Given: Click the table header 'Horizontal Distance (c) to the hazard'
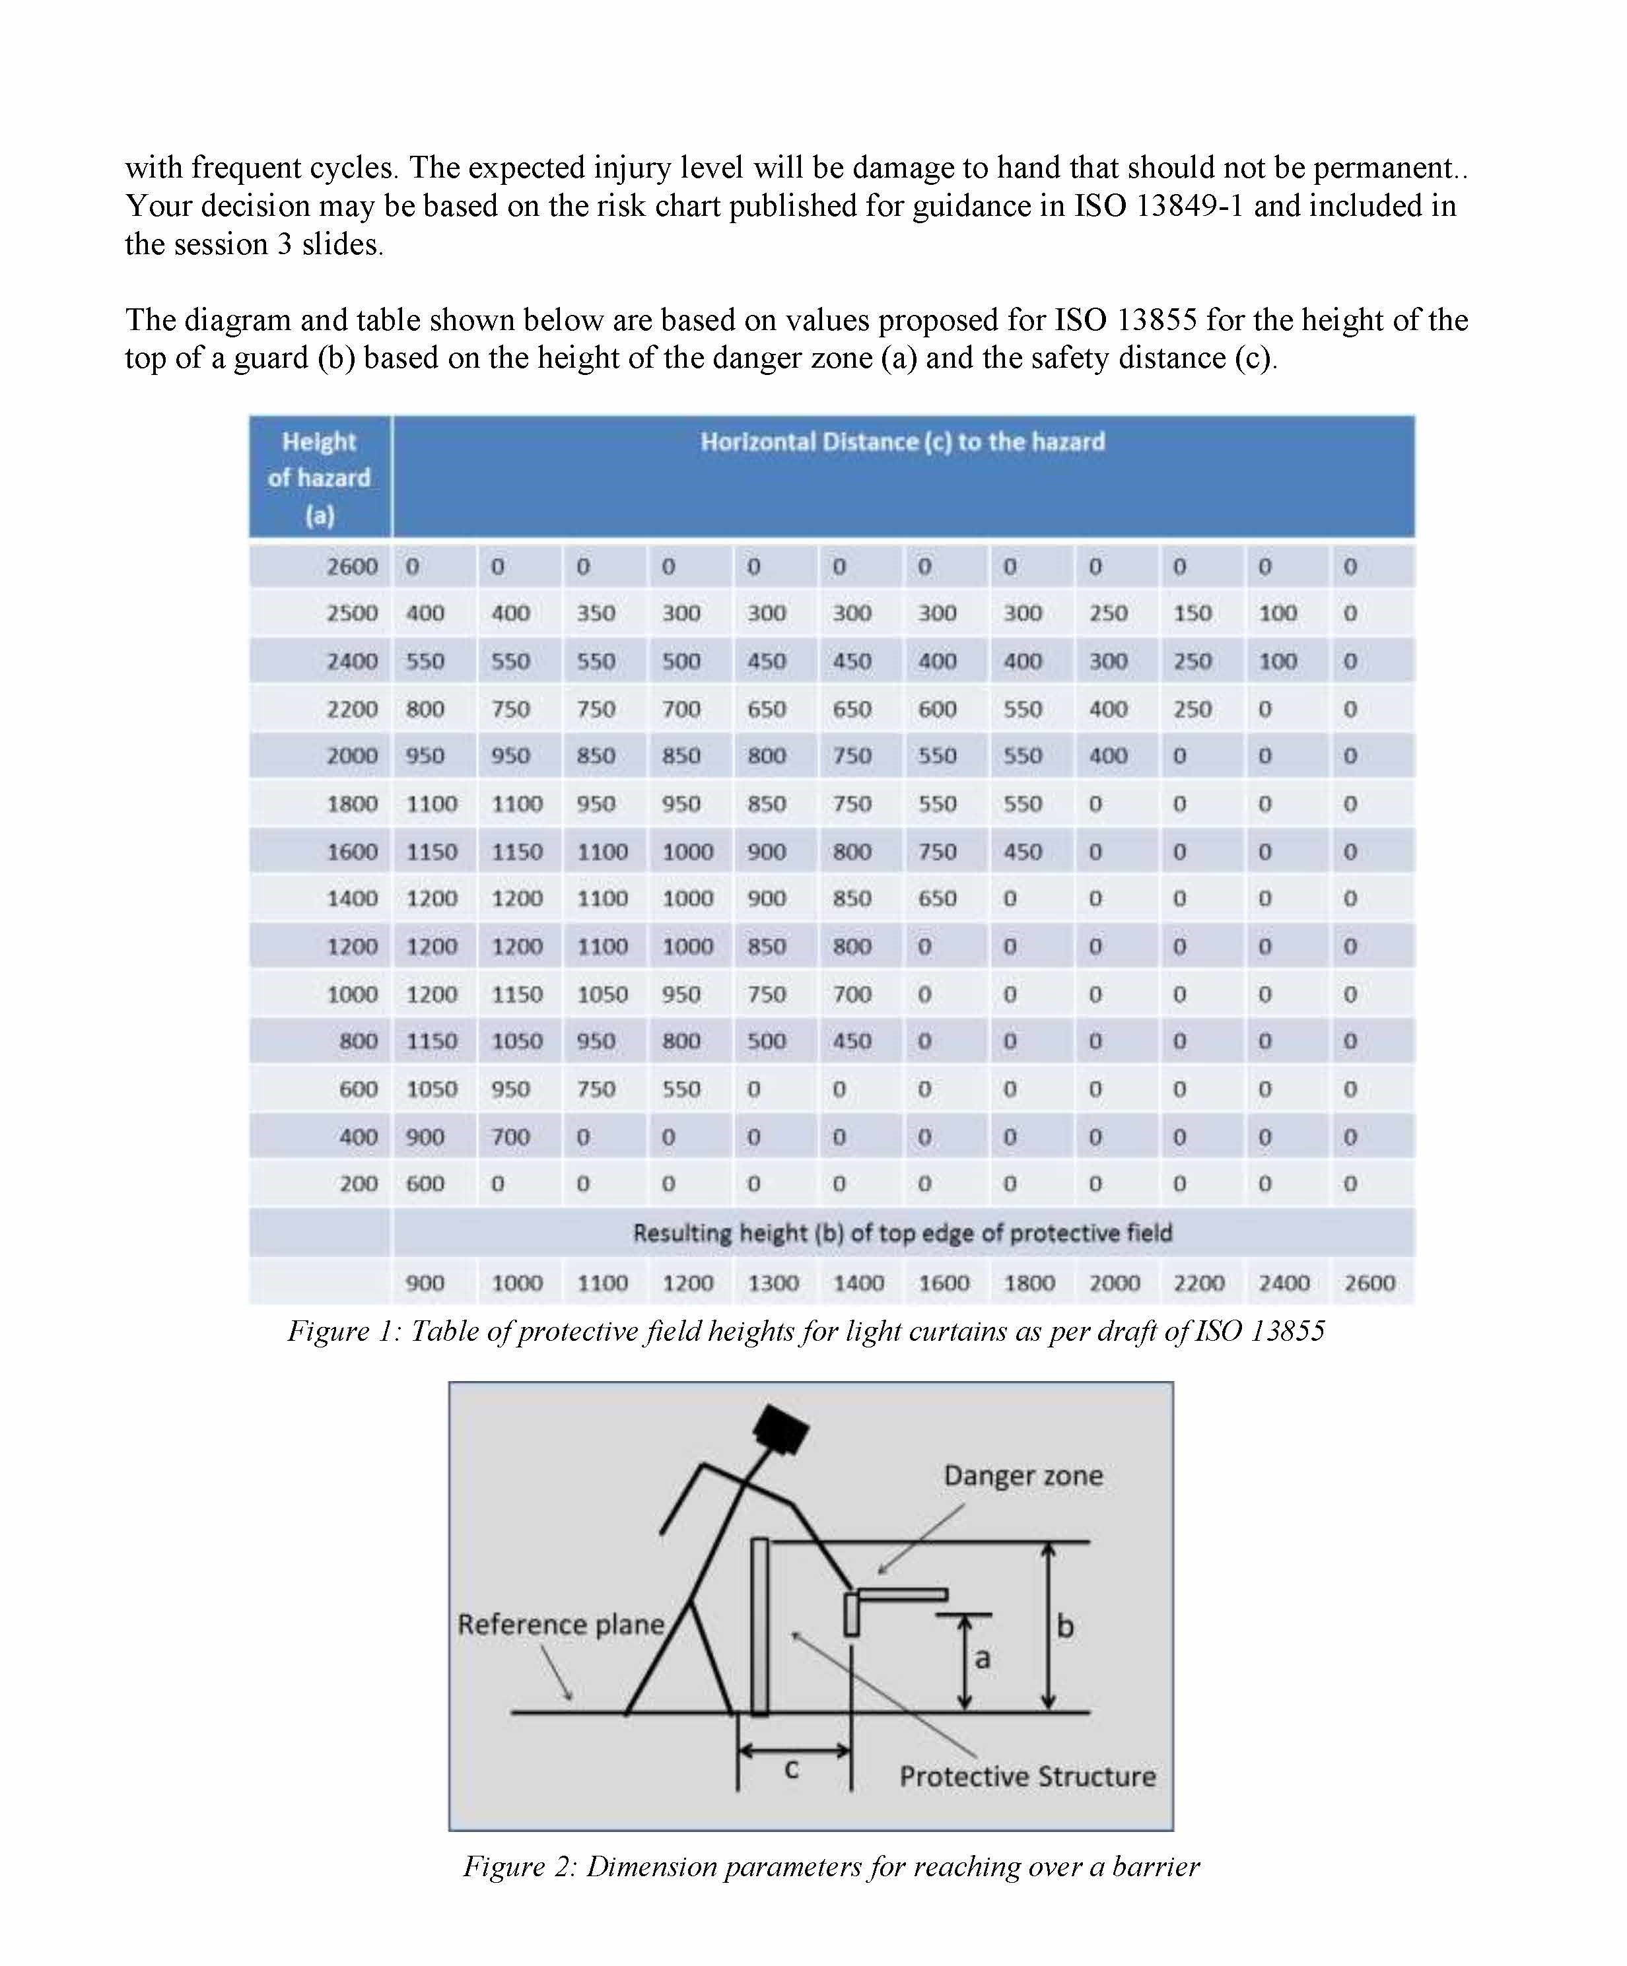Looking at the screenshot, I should (903, 442).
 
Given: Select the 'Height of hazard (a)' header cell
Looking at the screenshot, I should (319, 477).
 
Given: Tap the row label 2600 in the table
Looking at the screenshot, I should (352, 566).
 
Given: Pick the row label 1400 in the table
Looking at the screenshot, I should (352, 898).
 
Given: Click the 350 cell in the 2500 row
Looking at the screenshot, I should (596, 613).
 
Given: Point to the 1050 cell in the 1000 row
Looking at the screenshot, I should (602, 994).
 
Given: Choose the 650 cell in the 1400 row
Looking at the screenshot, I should (937, 898).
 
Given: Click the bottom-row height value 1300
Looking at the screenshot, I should (773, 1283).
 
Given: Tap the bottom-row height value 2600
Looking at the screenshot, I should (1369, 1283).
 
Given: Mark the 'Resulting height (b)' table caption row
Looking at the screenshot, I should (903, 1233).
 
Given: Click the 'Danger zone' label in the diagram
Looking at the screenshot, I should (1023, 1476).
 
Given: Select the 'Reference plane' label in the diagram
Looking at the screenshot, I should (561, 1624).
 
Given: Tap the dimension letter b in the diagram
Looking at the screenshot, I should (1065, 1626).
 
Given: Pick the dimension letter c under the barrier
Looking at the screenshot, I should (792, 1769).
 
